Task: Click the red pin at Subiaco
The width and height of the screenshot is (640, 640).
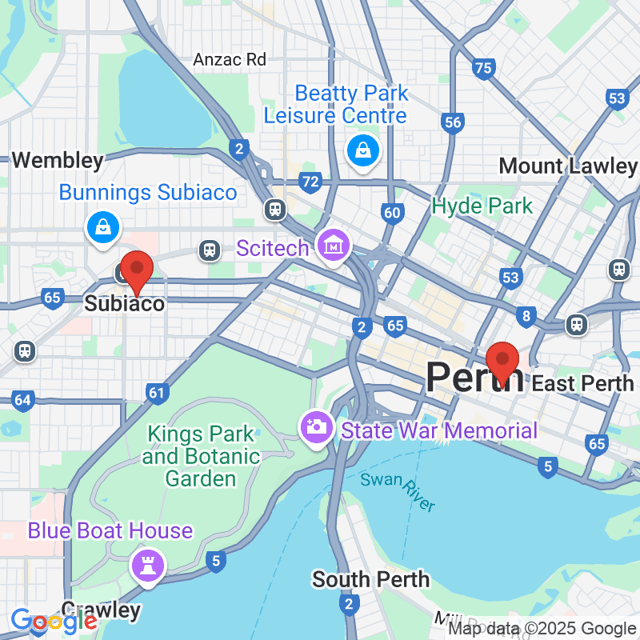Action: (135, 271)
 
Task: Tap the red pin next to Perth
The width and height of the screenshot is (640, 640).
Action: (501, 361)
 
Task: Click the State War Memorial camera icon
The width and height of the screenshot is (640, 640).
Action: (317, 427)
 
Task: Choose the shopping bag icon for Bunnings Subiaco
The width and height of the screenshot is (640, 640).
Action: (103, 227)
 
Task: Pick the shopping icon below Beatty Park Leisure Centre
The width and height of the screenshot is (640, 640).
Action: (360, 151)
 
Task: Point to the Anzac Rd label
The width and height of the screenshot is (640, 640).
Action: (230, 59)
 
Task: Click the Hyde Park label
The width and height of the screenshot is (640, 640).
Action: (482, 207)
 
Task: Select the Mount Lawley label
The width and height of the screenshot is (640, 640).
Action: (567, 166)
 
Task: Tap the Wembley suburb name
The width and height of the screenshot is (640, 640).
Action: (57, 160)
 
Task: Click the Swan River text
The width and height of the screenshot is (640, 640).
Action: (397, 491)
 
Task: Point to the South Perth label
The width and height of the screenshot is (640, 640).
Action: (370, 579)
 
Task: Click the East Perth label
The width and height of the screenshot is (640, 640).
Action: (582, 383)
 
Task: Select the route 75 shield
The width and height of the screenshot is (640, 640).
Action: (484, 68)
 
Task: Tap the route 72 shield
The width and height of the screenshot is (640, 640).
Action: (311, 181)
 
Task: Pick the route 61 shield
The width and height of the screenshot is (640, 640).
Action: (157, 393)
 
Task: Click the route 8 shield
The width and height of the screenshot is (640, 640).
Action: (527, 316)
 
